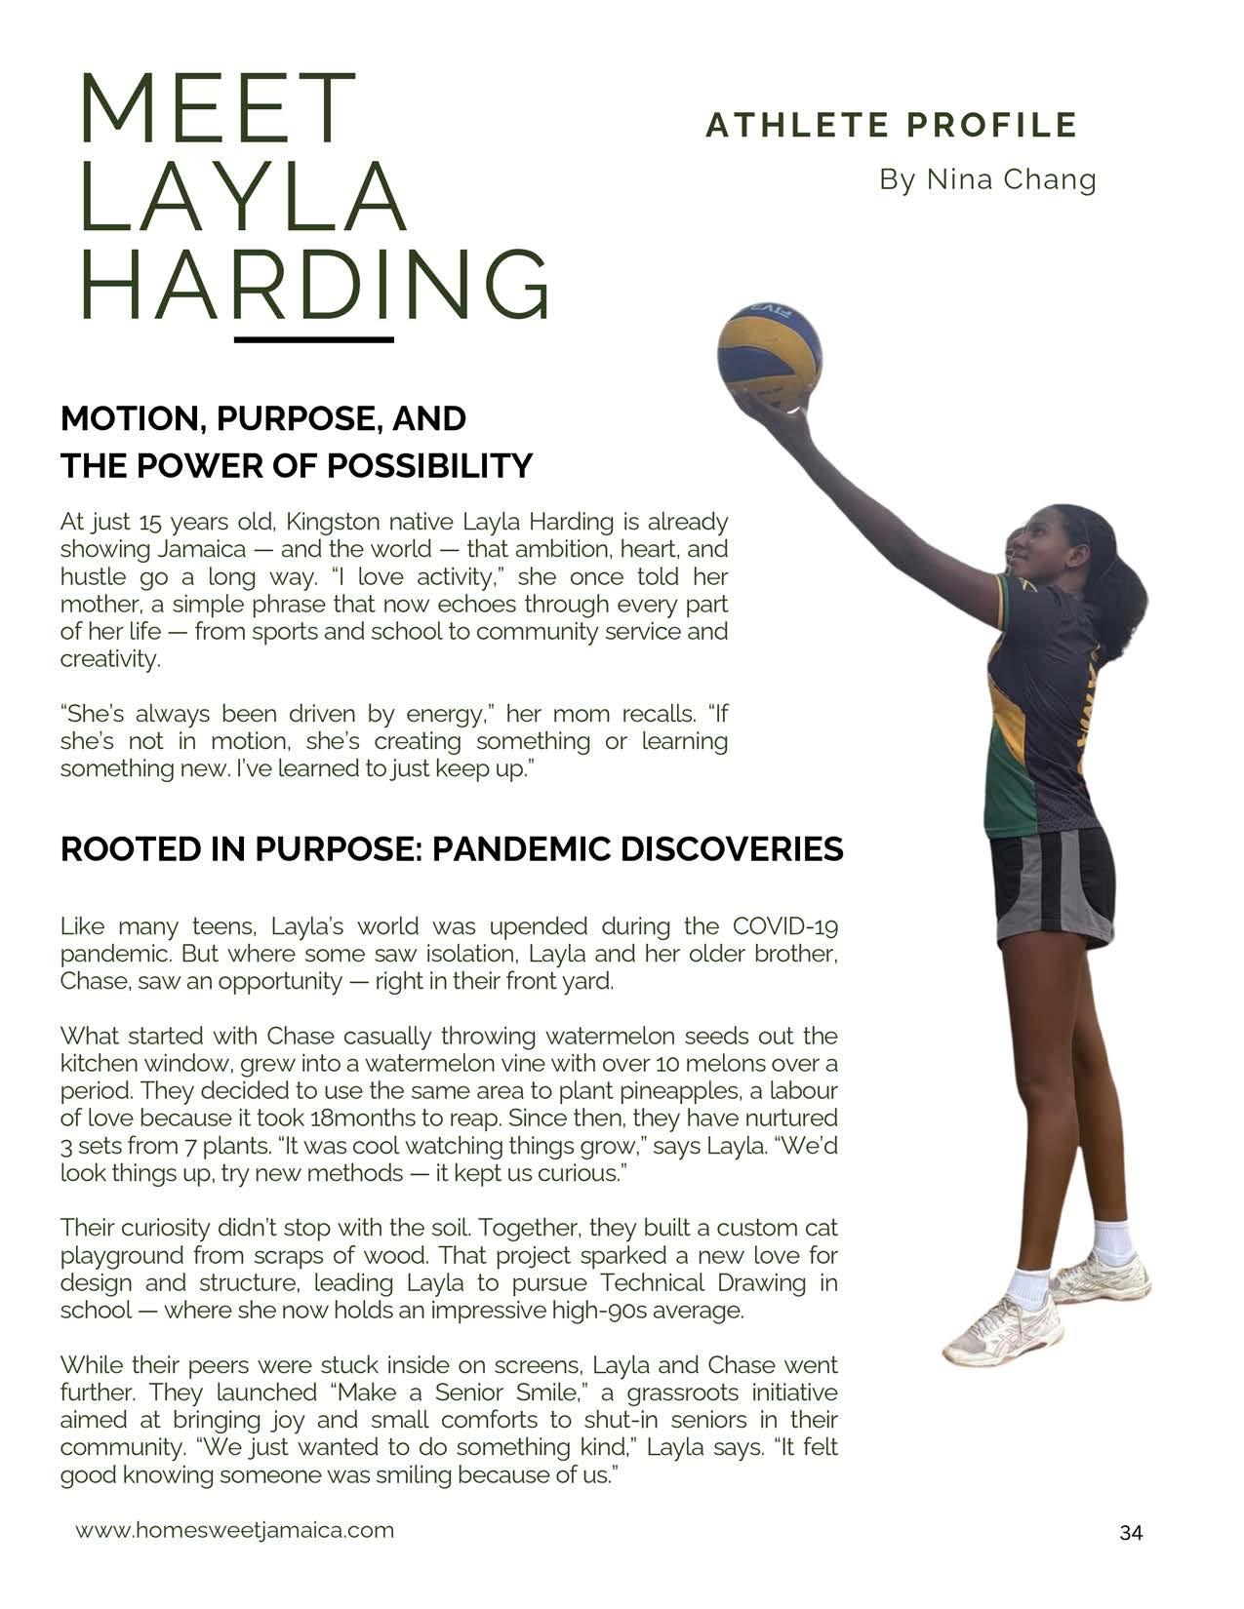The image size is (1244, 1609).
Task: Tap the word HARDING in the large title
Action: coord(314,284)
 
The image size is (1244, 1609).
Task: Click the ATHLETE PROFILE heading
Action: coord(891,126)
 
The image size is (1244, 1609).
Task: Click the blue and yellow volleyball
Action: coord(769,356)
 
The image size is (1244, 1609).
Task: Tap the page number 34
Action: coord(1131,1533)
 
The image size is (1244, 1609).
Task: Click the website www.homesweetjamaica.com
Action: coord(235,1530)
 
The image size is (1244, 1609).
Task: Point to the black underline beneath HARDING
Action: coord(314,339)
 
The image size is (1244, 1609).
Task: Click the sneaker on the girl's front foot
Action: coord(1003,1330)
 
